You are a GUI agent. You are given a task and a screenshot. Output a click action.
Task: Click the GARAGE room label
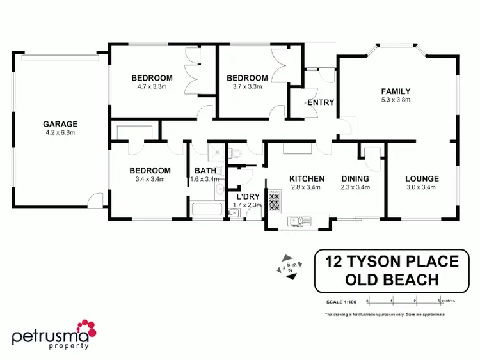[x=60, y=124]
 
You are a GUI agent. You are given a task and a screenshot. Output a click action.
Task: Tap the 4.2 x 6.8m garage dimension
[x=60, y=133]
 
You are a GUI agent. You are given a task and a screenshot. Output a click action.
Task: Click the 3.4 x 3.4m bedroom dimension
[x=150, y=179]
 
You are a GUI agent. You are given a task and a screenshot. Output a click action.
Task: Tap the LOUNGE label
[x=422, y=178]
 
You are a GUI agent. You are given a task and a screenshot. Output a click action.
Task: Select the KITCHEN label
[x=307, y=178]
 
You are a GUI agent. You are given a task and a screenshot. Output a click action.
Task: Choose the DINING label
[x=355, y=178]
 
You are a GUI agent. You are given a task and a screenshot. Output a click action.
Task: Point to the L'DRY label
[x=246, y=196]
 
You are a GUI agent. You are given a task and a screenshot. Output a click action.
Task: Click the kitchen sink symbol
[x=298, y=221]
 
